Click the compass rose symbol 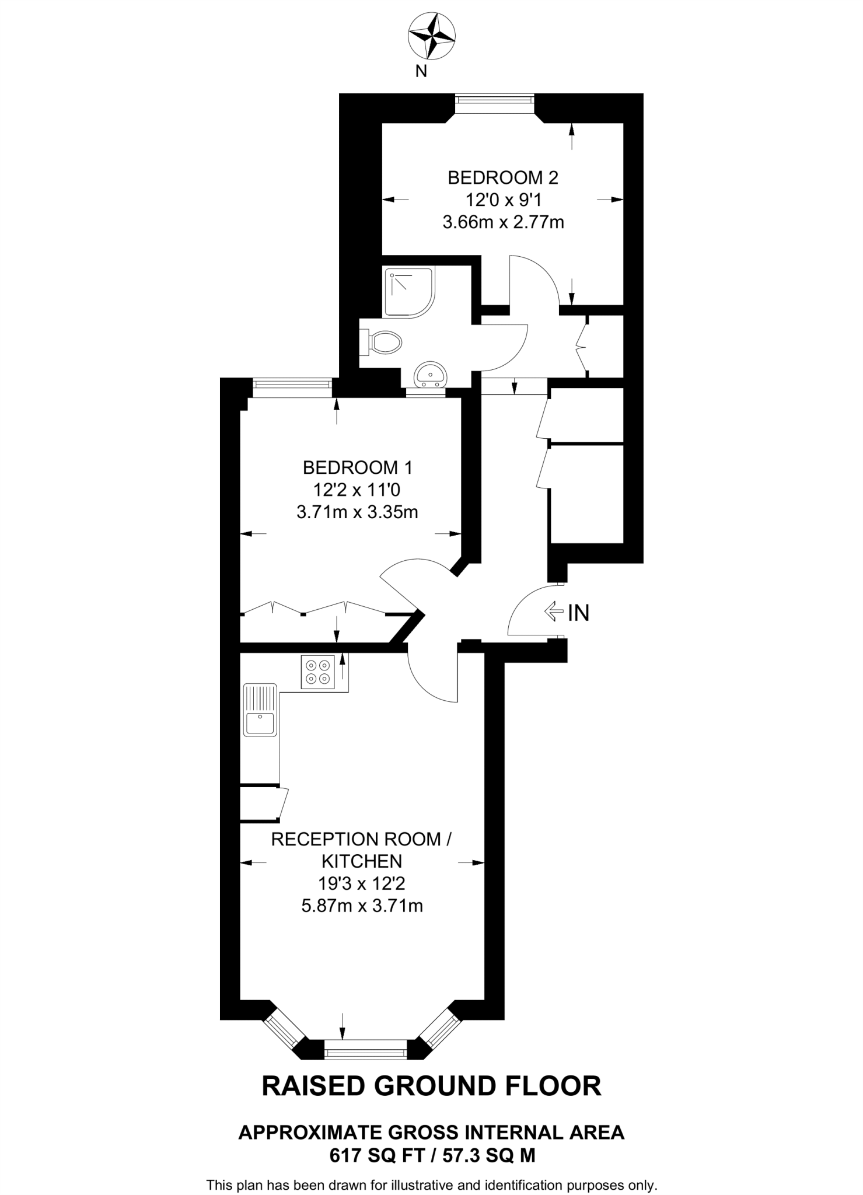pos(431,37)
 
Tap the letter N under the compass pos(421,72)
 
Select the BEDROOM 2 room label pos(502,177)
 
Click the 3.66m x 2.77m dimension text pos(502,222)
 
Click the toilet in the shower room pos(385,342)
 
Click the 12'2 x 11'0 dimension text pos(357,490)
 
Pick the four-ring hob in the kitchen pos(318,672)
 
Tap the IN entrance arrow pos(552,612)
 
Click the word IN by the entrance pos(579,613)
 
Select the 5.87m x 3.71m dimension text pos(362,906)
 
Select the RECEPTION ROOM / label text pos(361,839)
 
